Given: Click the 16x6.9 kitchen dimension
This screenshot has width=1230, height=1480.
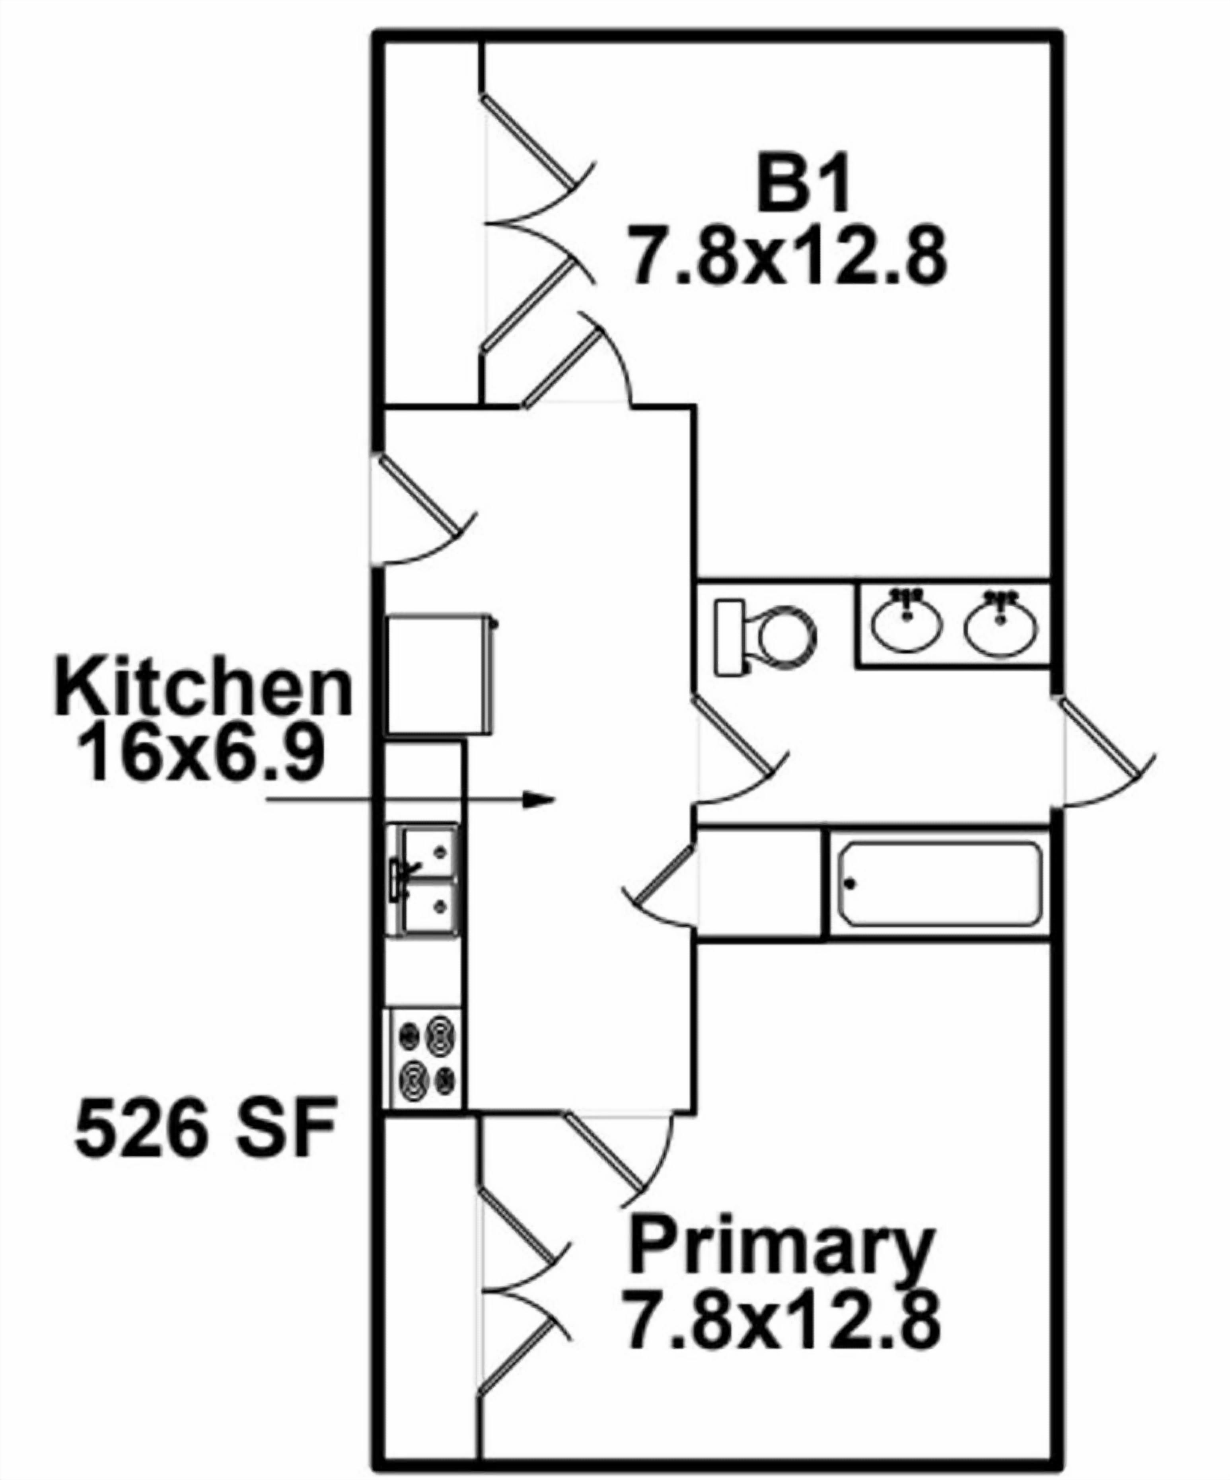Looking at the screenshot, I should coord(203,754).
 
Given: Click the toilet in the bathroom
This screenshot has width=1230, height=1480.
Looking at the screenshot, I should coord(765,638).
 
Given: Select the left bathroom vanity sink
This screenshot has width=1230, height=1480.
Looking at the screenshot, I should coord(907,620).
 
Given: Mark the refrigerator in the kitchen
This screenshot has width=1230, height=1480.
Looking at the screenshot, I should coord(440,673).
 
